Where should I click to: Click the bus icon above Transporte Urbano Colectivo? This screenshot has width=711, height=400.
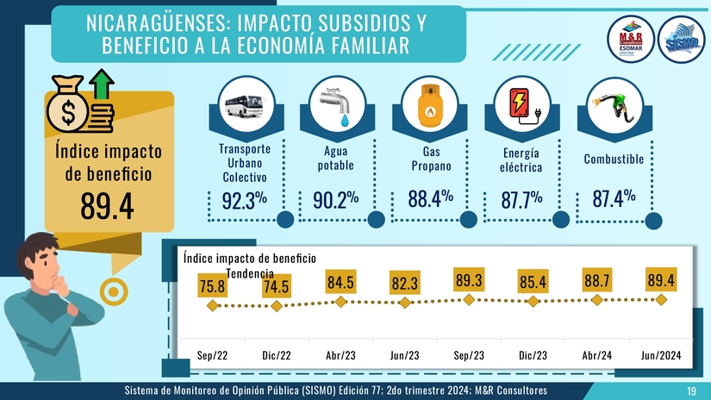click(244, 106)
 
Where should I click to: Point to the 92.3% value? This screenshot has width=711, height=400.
click(244, 200)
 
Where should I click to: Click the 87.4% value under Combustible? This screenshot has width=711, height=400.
click(614, 199)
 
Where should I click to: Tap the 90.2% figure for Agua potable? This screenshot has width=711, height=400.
click(335, 200)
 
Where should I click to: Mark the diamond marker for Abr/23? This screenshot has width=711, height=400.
click(340, 303)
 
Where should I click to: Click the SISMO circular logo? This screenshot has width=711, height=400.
click(682, 41)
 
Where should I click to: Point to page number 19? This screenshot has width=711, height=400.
click(691, 392)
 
